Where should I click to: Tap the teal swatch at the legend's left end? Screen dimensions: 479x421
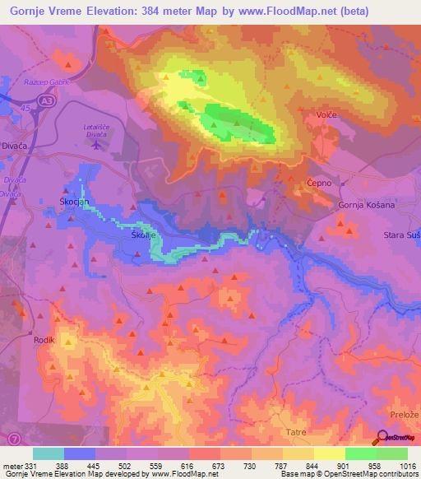click(x=49, y=453)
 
